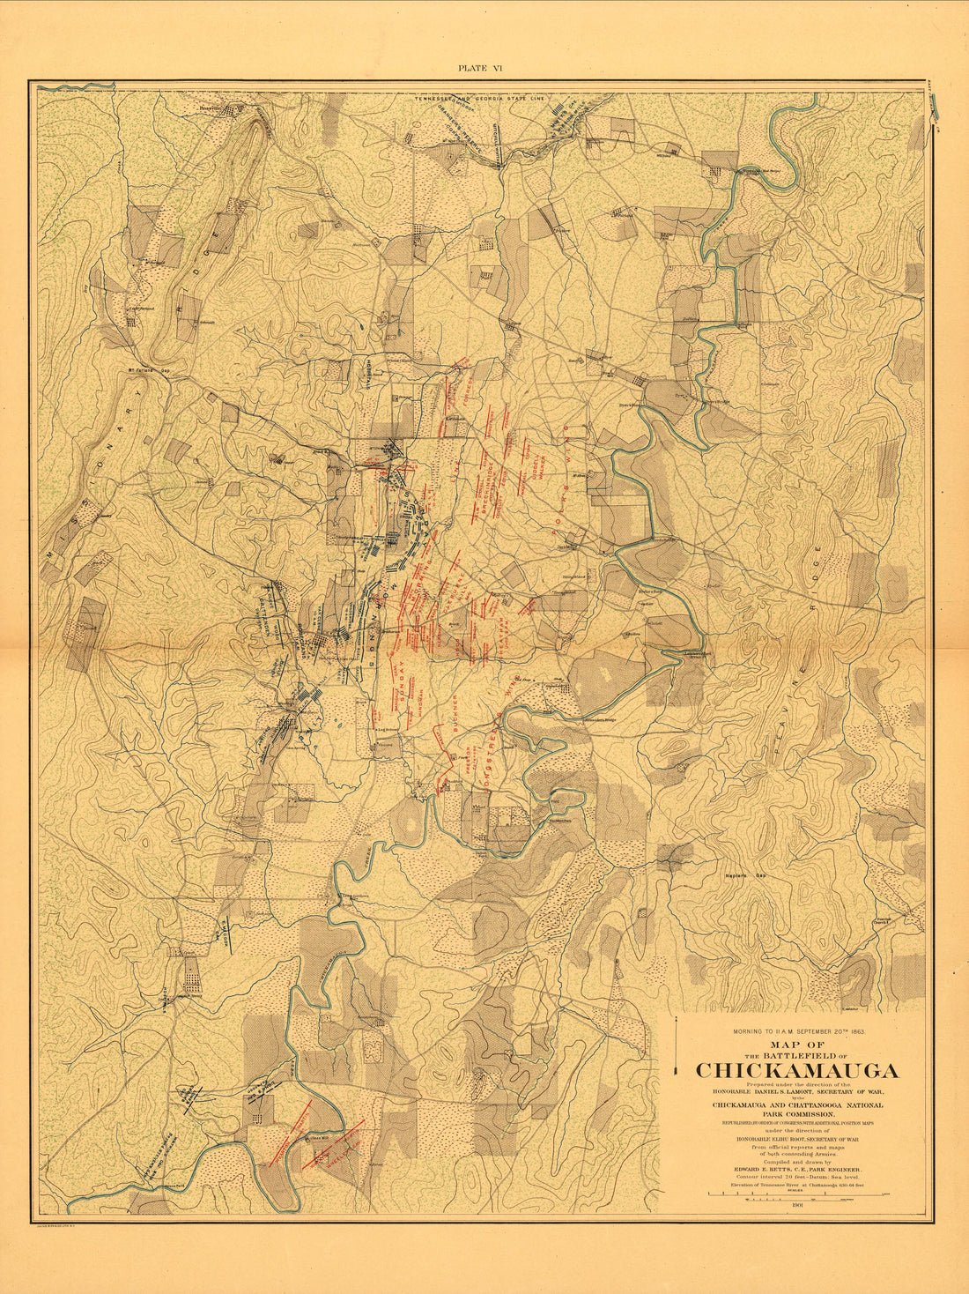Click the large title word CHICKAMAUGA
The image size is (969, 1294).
click(797, 1071)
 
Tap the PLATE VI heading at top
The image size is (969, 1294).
click(480, 68)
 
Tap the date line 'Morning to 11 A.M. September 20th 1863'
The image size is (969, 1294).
click(798, 1030)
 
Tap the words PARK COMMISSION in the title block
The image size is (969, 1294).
click(798, 1114)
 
